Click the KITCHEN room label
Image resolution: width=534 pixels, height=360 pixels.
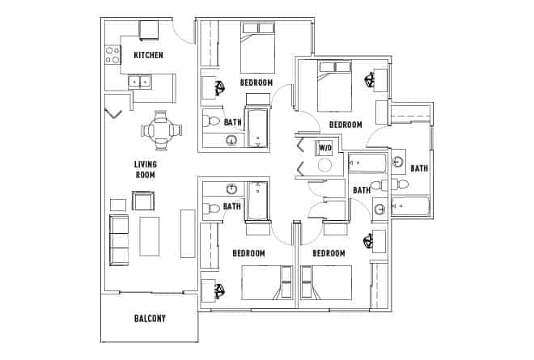click(148, 55)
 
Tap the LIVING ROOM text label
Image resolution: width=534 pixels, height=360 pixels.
click(145, 169)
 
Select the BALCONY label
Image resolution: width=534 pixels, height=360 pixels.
click(150, 318)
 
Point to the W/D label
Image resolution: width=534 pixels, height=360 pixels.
click(324, 148)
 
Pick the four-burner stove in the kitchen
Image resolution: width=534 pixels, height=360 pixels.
click(112, 54)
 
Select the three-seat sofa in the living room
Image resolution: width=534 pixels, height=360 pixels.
click(118, 240)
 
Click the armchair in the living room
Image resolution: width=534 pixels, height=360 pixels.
click(143, 201)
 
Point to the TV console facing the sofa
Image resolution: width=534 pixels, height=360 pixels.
click(188, 233)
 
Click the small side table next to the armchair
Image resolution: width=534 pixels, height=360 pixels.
click(118, 204)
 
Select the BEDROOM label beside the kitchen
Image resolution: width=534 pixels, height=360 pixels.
click(256, 83)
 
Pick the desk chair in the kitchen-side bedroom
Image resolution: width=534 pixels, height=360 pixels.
click(219, 87)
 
